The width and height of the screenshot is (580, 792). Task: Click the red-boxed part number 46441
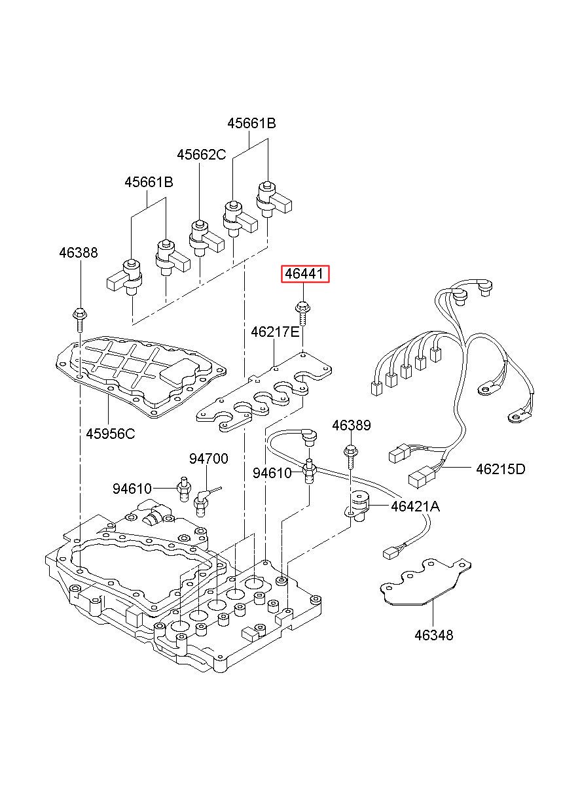pyautogui.click(x=304, y=274)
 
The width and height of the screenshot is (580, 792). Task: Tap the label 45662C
pyautogui.click(x=201, y=154)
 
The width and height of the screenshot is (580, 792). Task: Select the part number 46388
pyautogui.click(x=78, y=253)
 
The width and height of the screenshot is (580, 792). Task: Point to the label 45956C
pyautogui.click(x=111, y=434)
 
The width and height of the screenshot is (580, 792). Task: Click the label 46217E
pyautogui.click(x=275, y=332)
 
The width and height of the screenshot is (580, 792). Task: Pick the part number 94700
pyautogui.click(x=208, y=458)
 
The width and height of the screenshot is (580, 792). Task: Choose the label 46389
pyautogui.click(x=351, y=425)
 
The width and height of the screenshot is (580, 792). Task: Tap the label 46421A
pyautogui.click(x=415, y=507)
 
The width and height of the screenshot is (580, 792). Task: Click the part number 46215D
pyautogui.click(x=500, y=469)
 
